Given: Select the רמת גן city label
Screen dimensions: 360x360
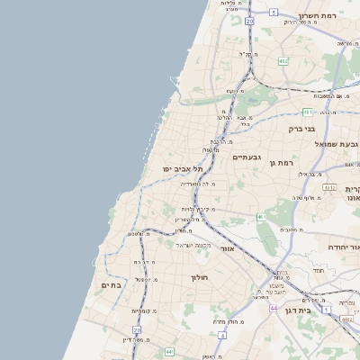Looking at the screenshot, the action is click(x=282, y=162).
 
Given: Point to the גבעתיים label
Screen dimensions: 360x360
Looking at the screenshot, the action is click(x=246, y=157).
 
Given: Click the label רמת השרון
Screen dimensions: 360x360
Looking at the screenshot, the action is click(x=341, y=16).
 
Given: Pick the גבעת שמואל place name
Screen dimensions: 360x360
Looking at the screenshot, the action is click(x=337, y=144).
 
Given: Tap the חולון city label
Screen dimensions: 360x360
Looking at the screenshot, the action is click(x=199, y=277).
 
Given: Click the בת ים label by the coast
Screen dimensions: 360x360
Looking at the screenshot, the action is click(x=111, y=285).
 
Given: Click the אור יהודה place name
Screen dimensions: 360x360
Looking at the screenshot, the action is click(x=341, y=247).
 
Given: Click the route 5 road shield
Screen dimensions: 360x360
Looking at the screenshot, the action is click(x=273, y=13).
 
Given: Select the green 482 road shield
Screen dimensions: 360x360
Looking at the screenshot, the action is click(x=283, y=61).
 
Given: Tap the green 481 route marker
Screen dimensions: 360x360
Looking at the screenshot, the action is click(x=308, y=112).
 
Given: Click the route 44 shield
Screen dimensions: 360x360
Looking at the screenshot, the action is click(x=272, y=308).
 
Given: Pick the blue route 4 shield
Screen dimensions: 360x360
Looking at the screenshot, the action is click(x=221, y=335).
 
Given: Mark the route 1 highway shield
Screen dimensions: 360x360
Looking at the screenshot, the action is click(x=327, y=310).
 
